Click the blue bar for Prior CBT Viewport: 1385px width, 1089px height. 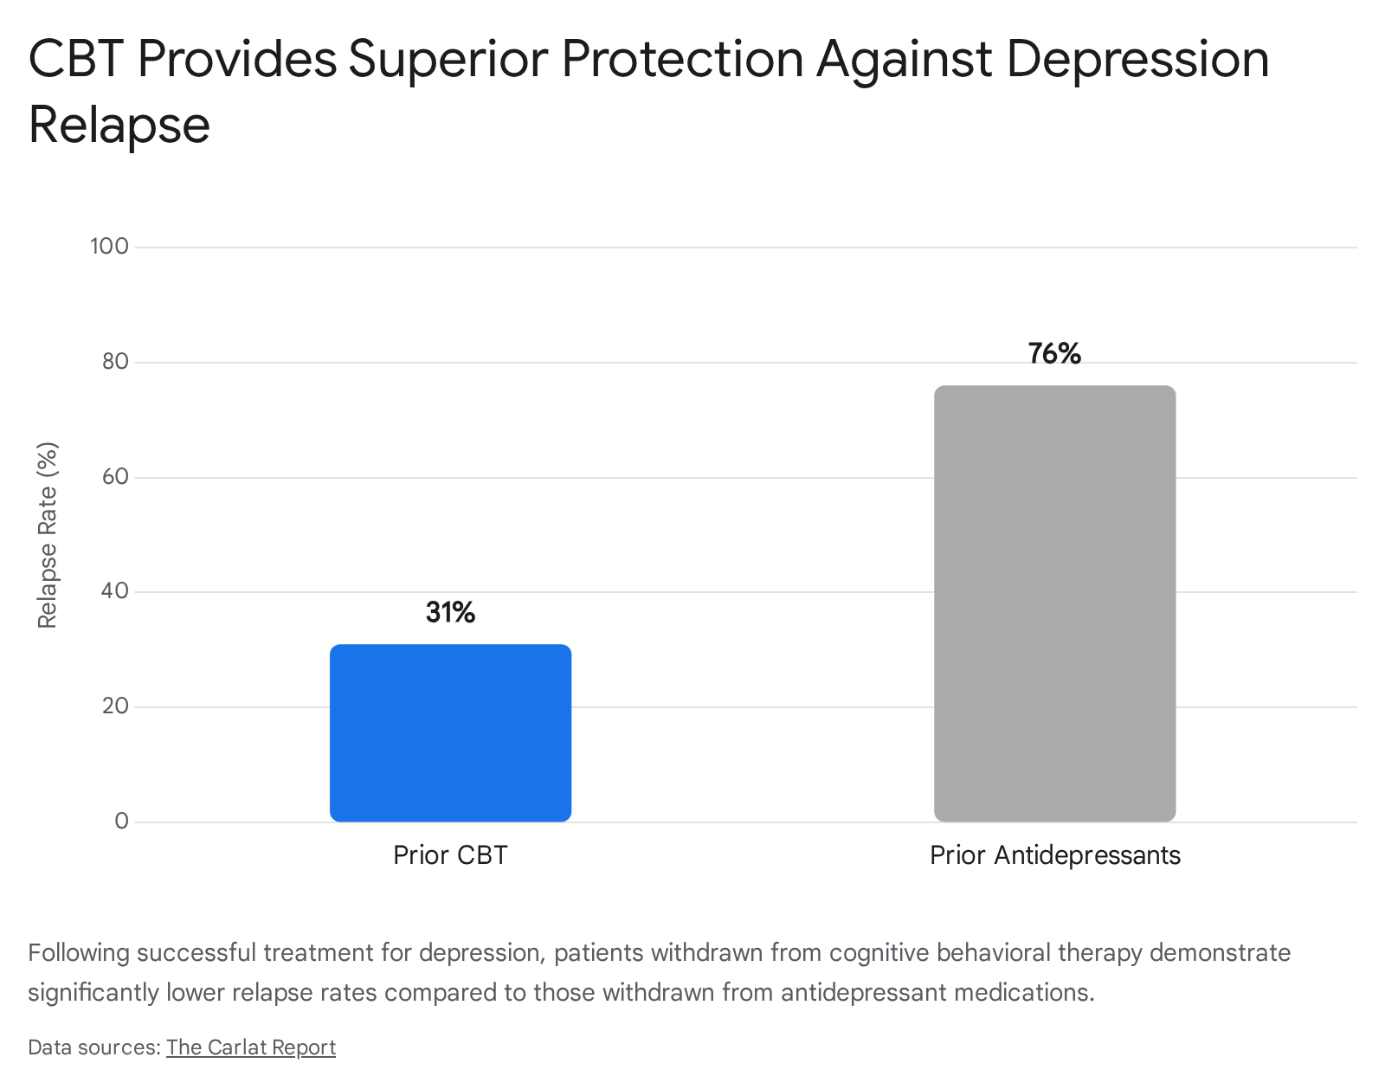(x=450, y=732)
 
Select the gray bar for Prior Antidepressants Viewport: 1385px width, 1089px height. (x=1055, y=603)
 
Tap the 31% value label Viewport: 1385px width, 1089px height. (x=450, y=612)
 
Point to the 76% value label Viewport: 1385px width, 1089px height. (x=1054, y=353)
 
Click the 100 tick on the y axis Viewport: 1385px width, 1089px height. (x=109, y=247)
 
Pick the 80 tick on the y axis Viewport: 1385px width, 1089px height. (x=115, y=362)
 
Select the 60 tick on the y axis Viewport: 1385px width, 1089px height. (x=115, y=477)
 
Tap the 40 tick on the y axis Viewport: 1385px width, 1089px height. (x=115, y=591)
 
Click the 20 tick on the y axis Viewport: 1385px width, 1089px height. (x=115, y=706)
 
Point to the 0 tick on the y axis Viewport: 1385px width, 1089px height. (x=122, y=822)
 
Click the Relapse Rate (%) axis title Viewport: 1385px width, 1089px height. (x=48, y=535)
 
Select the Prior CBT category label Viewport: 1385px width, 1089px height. (x=450, y=855)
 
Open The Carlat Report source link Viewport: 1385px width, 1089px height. (x=251, y=1047)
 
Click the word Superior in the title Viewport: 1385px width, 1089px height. (x=448, y=60)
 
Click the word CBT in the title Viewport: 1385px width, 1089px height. (x=76, y=59)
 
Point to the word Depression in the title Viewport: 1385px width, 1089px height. (x=1137, y=60)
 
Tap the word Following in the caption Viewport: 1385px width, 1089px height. (x=79, y=953)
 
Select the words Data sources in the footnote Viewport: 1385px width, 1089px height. (x=94, y=1047)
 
